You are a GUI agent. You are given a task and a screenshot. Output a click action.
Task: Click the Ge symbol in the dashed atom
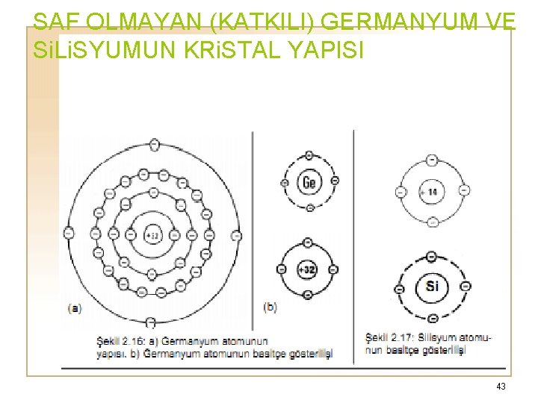pyautogui.click(x=309, y=181)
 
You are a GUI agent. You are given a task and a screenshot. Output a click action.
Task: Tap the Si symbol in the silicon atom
pyautogui.click(x=432, y=286)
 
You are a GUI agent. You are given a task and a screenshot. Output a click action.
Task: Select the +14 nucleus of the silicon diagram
pyautogui.click(x=431, y=191)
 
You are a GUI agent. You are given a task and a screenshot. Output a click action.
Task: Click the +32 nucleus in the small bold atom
pyautogui.click(x=307, y=269)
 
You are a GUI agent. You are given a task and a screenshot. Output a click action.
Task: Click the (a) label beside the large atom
pyautogui.click(x=75, y=307)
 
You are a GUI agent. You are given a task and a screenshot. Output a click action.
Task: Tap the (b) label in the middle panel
pyautogui.click(x=270, y=307)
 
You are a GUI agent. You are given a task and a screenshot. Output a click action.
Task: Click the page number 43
pyautogui.click(x=501, y=386)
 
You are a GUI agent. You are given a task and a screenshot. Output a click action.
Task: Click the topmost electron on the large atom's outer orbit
pyautogui.click(x=154, y=143)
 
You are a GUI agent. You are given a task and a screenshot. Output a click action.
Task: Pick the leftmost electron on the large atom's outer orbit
pyautogui.click(x=69, y=234)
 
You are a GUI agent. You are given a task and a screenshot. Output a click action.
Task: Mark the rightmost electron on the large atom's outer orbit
pyautogui.click(x=237, y=235)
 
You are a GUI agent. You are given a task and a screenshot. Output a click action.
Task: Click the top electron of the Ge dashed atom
pyautogui.click(x=309, y=156)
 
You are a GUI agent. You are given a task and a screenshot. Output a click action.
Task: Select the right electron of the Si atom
pyautogui.click(x=466, y=286)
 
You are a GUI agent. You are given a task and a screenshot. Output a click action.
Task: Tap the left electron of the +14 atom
pyautogui.click(x=401, y=192)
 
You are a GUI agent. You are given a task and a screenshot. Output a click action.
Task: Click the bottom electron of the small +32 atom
pyautogui.click(x=307, y=296)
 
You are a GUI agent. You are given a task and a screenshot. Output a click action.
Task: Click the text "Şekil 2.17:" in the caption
pyautogui.click(x=392, y=337)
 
